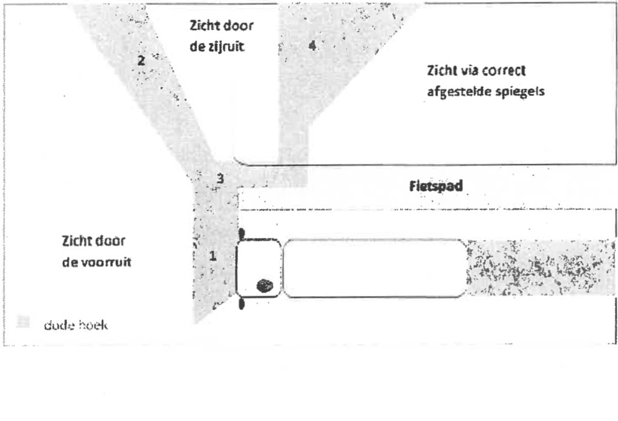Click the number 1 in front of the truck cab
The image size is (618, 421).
(x=213, y=256)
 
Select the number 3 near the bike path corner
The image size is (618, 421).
(x=221, y=179)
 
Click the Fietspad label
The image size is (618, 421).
(x=436, y=187)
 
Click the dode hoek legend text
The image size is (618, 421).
(x=76, y=325)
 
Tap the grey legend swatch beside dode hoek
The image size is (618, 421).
(x=22, y=321)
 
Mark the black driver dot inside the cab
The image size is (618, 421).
(x=265, y=286)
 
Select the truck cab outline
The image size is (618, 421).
(x=258, y=268)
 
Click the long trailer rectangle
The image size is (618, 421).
(x=374, y=268)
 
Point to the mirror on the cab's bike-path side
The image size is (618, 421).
(x=242, y=233)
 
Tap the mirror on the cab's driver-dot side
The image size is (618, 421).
(x=242, y=303)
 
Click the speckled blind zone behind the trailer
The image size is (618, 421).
(x=540, y=268)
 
